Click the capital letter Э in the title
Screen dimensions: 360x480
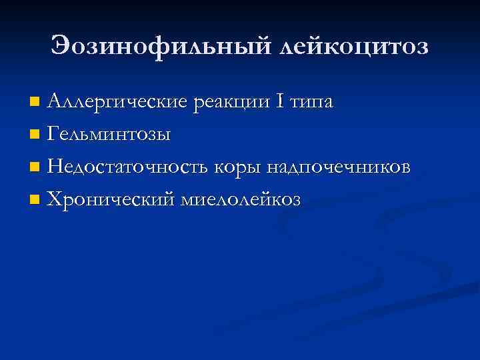tap(61, 47)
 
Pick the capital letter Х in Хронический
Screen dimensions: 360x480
tap(55, 199)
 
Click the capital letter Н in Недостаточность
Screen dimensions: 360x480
tap(55, 167)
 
